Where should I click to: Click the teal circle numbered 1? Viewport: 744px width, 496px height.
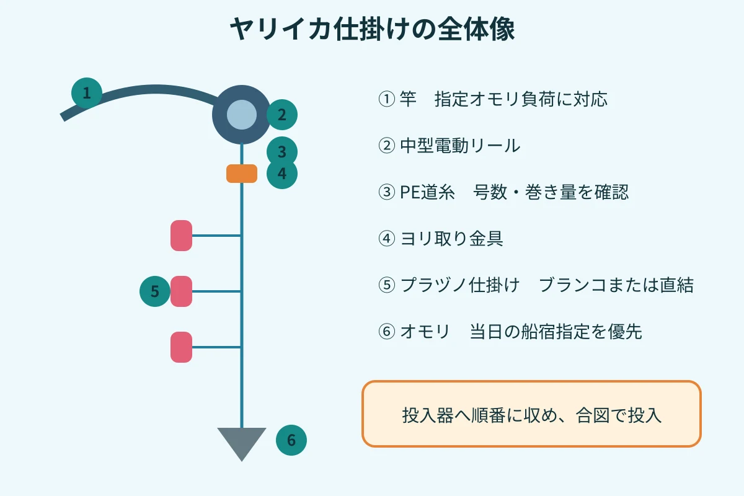pos(87,93)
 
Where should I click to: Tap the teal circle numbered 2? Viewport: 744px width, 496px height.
pos(282,115)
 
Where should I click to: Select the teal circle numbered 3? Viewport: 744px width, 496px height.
pos(282,151)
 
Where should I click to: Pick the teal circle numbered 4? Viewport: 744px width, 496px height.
pos(282,174)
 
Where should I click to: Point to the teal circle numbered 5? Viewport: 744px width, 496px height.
pos(155,291)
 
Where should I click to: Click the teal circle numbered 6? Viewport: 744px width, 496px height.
pos(291,440)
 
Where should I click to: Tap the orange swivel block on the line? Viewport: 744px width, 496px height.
pos(242,174)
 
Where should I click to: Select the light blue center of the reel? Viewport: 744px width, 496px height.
pos(242,115)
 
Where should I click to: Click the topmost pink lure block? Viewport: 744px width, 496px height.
pos(181,236)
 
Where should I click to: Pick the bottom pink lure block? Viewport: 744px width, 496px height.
pos(181,347)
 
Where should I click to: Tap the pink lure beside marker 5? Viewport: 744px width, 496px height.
pos(181,291)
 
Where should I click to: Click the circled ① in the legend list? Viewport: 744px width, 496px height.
pos(387,99)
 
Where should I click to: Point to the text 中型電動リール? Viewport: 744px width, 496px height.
pos(460,146)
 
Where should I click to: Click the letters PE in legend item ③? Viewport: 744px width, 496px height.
pos(410,192)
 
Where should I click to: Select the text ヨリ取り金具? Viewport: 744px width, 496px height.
pos(452,239)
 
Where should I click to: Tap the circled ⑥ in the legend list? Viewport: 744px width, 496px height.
pos(387,331)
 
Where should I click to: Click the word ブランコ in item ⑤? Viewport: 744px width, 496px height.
pos(572,285)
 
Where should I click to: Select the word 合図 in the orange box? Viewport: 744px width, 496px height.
pos(593,415)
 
